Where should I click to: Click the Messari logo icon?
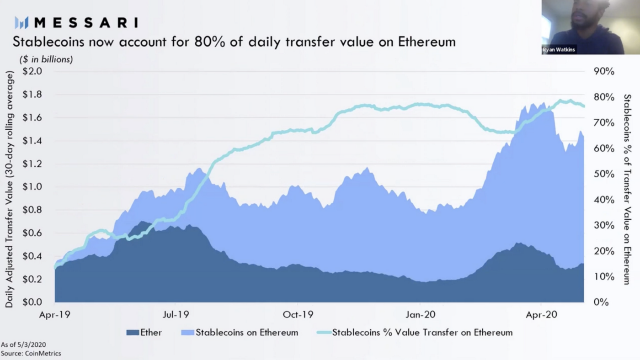(21, 22)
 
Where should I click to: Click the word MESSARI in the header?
(85, 22)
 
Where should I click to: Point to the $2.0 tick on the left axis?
(32, 71)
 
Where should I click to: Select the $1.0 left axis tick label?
(32, 187)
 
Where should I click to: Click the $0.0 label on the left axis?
(32, 302)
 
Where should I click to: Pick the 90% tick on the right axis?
(603, 71)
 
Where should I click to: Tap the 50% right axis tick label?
(603, 174)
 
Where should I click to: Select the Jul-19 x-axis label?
(176, 315)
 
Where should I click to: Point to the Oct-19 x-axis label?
(298, 315)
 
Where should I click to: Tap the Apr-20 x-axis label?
(541, 315)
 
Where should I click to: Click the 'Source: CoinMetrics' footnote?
(31, 353)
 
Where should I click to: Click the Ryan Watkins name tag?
(559, 50)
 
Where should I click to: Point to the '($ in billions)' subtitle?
(46, 59)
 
